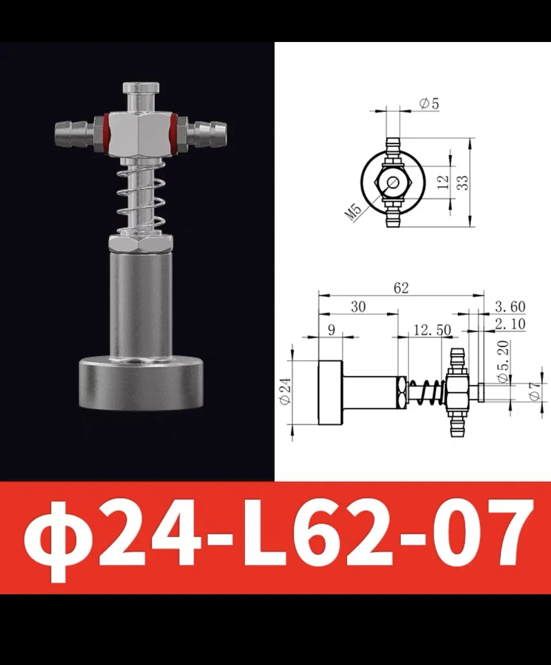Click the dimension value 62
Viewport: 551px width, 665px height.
pyautogui.click(x=401, y=287)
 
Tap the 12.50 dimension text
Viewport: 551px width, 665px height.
pyautogui.click(x=432, y=330)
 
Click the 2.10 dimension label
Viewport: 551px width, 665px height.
pyautogui.click(x=510, y=323)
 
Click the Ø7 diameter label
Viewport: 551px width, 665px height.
pyautogui.click(x=535, y=391)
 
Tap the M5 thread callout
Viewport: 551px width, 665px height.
pyautogui.click(x=354, y=213)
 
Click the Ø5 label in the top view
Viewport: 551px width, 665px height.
pyautogui.click(x=428, y=103)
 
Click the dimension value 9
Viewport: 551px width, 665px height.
pyautogui.click(x=331, y=329)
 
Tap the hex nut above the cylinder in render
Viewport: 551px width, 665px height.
pyautogui.click(x=141, y=244)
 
